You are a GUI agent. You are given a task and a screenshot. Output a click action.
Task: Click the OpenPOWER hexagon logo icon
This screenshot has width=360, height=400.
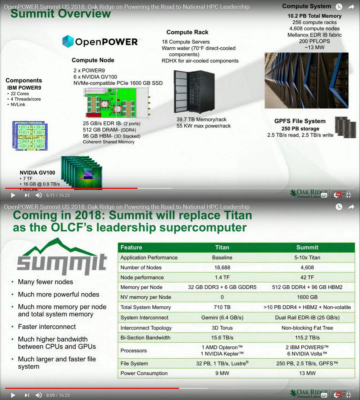point(68,41)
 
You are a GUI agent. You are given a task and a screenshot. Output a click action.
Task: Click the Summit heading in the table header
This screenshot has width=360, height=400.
point(307,247)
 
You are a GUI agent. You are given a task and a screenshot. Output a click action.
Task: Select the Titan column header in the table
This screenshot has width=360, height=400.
point(222,247)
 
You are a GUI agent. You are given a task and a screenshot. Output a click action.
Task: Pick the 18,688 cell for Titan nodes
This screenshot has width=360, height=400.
point(222,267)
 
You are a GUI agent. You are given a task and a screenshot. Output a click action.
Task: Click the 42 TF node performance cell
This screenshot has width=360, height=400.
point(307,277)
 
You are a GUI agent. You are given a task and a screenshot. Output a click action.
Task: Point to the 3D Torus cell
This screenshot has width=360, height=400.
point(222,328)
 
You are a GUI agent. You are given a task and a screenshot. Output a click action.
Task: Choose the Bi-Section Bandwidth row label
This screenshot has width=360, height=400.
point(145,338)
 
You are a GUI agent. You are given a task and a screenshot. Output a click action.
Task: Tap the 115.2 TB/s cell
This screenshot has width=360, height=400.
point(307,338)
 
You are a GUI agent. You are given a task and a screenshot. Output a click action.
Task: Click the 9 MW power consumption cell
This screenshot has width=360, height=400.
point(222,373)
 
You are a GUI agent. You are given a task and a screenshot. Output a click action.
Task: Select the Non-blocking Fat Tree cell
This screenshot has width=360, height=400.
point(307,328)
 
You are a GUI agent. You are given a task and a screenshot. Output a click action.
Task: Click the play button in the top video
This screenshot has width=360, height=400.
point(13,195)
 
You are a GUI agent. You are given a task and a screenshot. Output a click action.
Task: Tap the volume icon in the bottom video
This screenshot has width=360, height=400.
point(39,395)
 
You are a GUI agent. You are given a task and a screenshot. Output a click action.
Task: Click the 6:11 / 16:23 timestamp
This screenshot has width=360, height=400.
point(58,195)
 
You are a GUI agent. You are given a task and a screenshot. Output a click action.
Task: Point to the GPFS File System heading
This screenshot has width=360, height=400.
point(300,121)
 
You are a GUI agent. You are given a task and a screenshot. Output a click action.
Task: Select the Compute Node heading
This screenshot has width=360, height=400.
point(93,60)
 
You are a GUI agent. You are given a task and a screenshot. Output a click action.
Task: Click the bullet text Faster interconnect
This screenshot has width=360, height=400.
point(47,327)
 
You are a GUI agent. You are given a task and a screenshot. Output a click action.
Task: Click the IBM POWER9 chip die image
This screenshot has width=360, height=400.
point(30,136)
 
